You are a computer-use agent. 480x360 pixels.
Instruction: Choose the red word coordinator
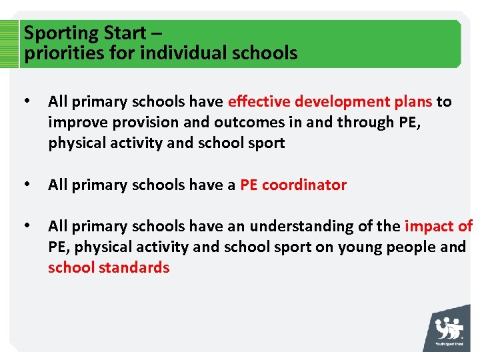click(304, 185)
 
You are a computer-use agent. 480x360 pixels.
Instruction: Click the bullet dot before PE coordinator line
click(27, 185)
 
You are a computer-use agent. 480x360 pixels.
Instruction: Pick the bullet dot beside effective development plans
click(27, 101)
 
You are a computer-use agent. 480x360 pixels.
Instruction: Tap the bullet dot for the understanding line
click(27, 226)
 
